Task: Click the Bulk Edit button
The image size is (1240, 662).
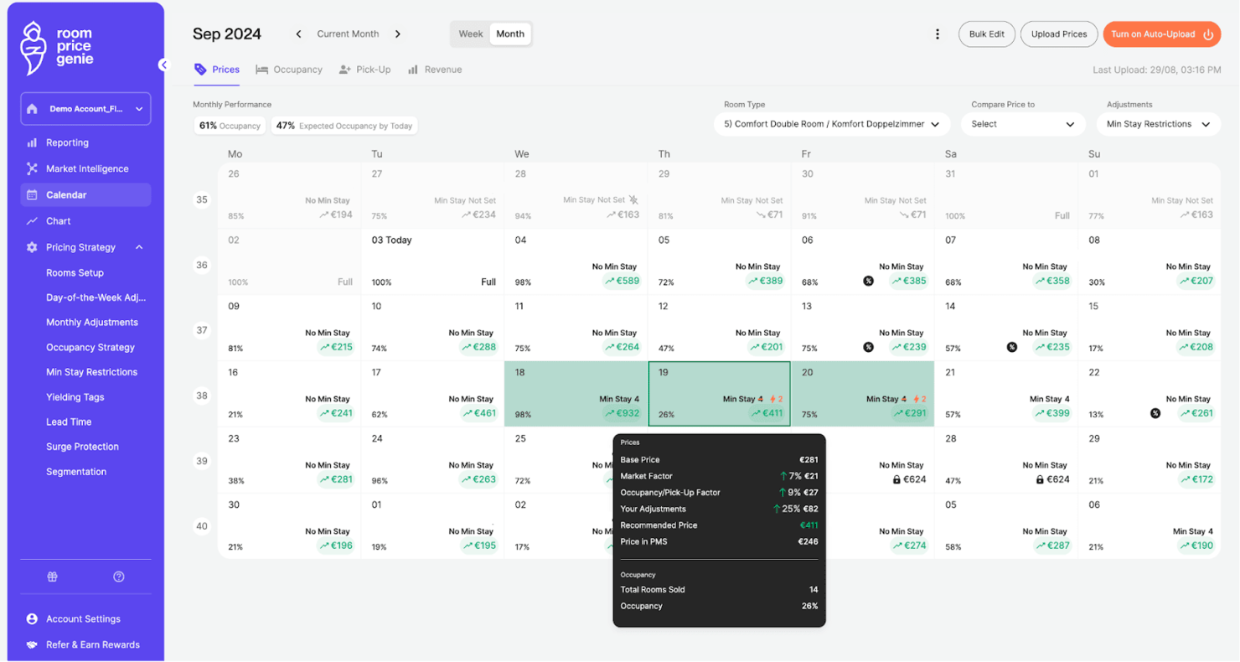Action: coord(986,34)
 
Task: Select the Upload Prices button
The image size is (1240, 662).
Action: coord(1058,34)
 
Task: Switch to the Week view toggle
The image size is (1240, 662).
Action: coord(470,34)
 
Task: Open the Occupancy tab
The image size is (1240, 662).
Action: coord(289,70)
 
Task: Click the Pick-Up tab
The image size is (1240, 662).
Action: coord(364,70)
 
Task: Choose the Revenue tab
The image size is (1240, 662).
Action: coord(435,70)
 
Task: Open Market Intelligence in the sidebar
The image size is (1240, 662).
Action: coord(87,168)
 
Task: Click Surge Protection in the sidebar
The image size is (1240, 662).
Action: coord(82,447)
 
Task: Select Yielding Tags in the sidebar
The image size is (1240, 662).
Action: coord(75,397)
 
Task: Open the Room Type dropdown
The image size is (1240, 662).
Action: coord(831,124)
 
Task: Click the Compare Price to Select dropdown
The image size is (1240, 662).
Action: coord(1023,124)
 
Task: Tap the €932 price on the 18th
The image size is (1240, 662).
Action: coord(622,413)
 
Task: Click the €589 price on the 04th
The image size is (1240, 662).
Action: coord(622,282)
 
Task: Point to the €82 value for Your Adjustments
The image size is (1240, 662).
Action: coord(809,509)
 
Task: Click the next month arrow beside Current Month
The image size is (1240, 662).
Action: coord(398,34)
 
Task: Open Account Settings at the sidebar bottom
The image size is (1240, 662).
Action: coord(83,618)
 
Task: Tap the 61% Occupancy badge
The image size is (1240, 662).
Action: coord(230,126)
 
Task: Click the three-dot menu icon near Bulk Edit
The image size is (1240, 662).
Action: coord(938,34)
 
